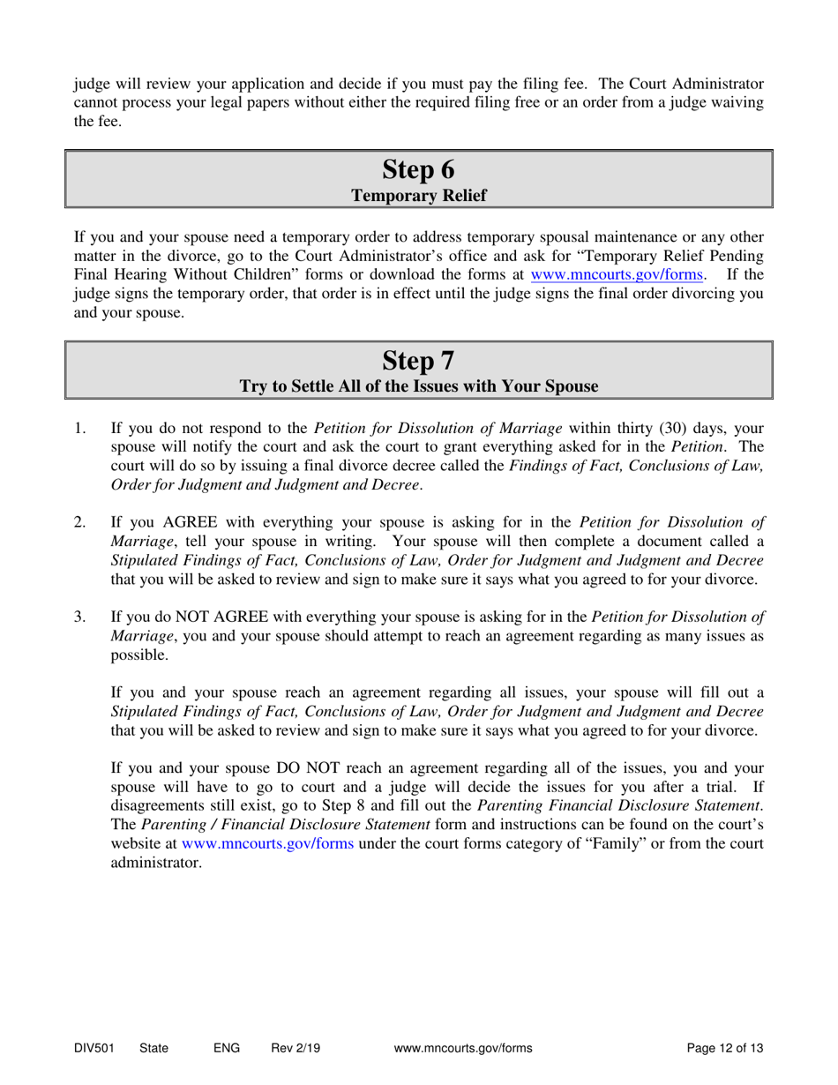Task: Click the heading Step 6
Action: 419,167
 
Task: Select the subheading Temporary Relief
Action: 419,195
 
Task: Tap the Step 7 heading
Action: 419,360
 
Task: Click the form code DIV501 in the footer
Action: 94,1049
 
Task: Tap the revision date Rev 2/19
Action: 296,1049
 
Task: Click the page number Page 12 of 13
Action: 725,1049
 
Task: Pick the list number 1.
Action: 79,430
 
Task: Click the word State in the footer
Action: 153,1049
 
